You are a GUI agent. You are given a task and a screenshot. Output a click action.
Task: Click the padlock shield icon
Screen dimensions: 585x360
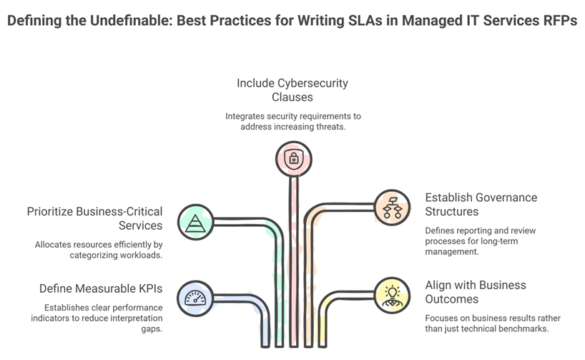pos(294,160)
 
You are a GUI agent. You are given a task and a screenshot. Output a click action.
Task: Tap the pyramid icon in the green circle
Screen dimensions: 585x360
pos(195,223)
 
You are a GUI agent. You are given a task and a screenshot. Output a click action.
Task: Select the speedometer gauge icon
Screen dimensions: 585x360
pos(195,298)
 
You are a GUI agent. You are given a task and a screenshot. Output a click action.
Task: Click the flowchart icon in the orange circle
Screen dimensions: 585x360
pos(392,208)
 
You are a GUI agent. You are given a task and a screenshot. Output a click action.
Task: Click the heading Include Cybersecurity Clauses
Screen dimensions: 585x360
pos(292,90)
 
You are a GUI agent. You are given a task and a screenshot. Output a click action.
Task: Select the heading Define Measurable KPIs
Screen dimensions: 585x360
pos(101,288)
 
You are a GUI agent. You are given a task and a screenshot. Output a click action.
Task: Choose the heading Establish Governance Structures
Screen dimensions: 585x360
pos(481,204)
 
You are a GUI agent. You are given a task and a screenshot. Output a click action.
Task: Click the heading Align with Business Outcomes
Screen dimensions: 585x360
pos(476,292)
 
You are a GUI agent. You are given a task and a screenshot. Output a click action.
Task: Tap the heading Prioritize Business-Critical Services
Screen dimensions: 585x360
pos(95,218)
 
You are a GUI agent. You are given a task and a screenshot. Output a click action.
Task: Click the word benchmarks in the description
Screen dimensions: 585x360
pos(527,329)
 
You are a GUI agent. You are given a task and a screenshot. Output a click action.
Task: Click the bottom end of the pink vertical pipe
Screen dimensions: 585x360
pos(294,346)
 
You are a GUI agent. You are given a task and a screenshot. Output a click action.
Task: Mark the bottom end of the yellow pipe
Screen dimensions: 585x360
pos(323,346)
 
